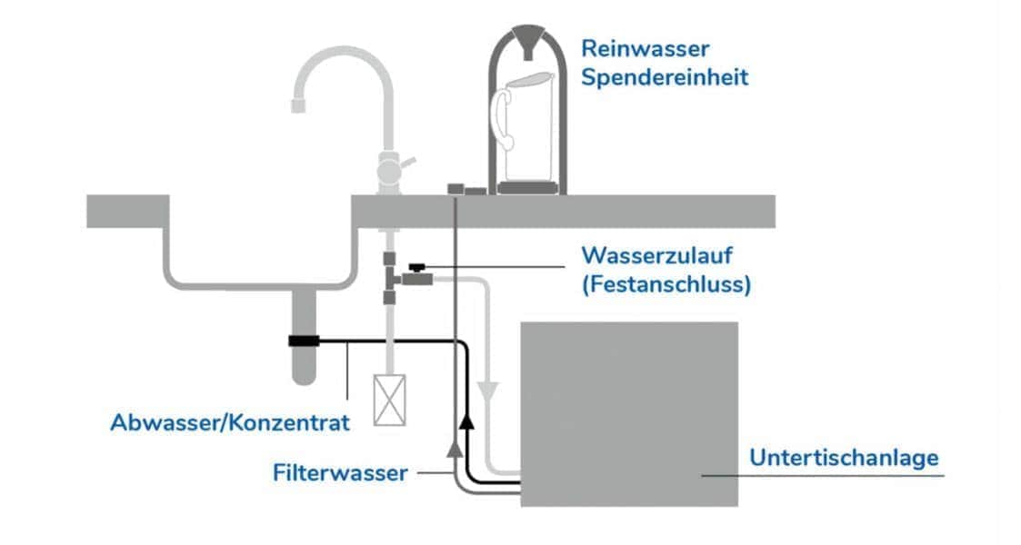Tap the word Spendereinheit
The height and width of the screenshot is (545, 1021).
pyautogui.click(x=665, y=77)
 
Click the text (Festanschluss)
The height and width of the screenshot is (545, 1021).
pyautogui.click(x=666, y=284)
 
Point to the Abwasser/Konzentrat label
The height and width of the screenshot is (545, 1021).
pyautogui.click(x=229, y=422)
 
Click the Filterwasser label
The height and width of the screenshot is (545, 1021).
pyautogui.click(x=340, y=473)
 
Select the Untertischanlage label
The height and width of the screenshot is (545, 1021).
pyautogui.click(x=843, y=458)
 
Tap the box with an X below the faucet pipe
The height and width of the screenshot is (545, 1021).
pyautogui.click(x=389, y=401)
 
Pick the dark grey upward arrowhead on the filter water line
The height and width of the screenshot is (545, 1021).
pyautogui.click(x=453, y=447)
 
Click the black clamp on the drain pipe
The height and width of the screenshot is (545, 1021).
pyautogui.click(x=303, y=342)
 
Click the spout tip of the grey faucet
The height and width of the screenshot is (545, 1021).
pyautogui.click(x=297, y=105)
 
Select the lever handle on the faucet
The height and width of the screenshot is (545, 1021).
pyautogui.click(x=408, y=163)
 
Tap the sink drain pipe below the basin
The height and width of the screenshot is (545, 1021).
pyautogui.click(x=303, y=363)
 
